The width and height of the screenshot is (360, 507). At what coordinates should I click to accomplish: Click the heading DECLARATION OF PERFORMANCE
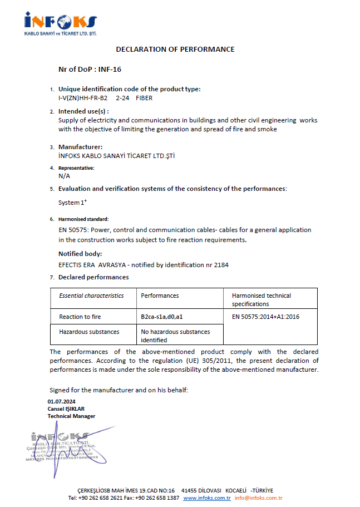coord(175,49)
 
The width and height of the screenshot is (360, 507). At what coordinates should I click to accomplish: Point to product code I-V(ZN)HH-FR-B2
coord(83,98)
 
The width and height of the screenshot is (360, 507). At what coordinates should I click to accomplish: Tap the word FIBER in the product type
coord(144,98)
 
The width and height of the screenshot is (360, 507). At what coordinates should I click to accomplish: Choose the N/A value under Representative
coord(64,175)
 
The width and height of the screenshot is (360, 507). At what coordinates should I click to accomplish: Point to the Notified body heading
coord(80,254)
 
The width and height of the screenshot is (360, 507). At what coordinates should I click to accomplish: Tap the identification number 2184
coord(221,265)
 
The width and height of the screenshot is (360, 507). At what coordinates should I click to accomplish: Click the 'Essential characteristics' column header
coord(91,296)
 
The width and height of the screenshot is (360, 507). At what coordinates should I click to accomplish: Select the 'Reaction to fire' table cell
coord(80,317)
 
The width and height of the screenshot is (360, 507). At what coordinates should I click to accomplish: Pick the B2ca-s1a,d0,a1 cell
coord(162,317)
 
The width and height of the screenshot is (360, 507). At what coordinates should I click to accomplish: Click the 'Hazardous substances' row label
coord(89,332)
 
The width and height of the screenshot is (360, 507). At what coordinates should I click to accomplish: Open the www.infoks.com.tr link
coord(207,498)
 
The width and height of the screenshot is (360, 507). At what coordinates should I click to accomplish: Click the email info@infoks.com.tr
coord(259,498)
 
